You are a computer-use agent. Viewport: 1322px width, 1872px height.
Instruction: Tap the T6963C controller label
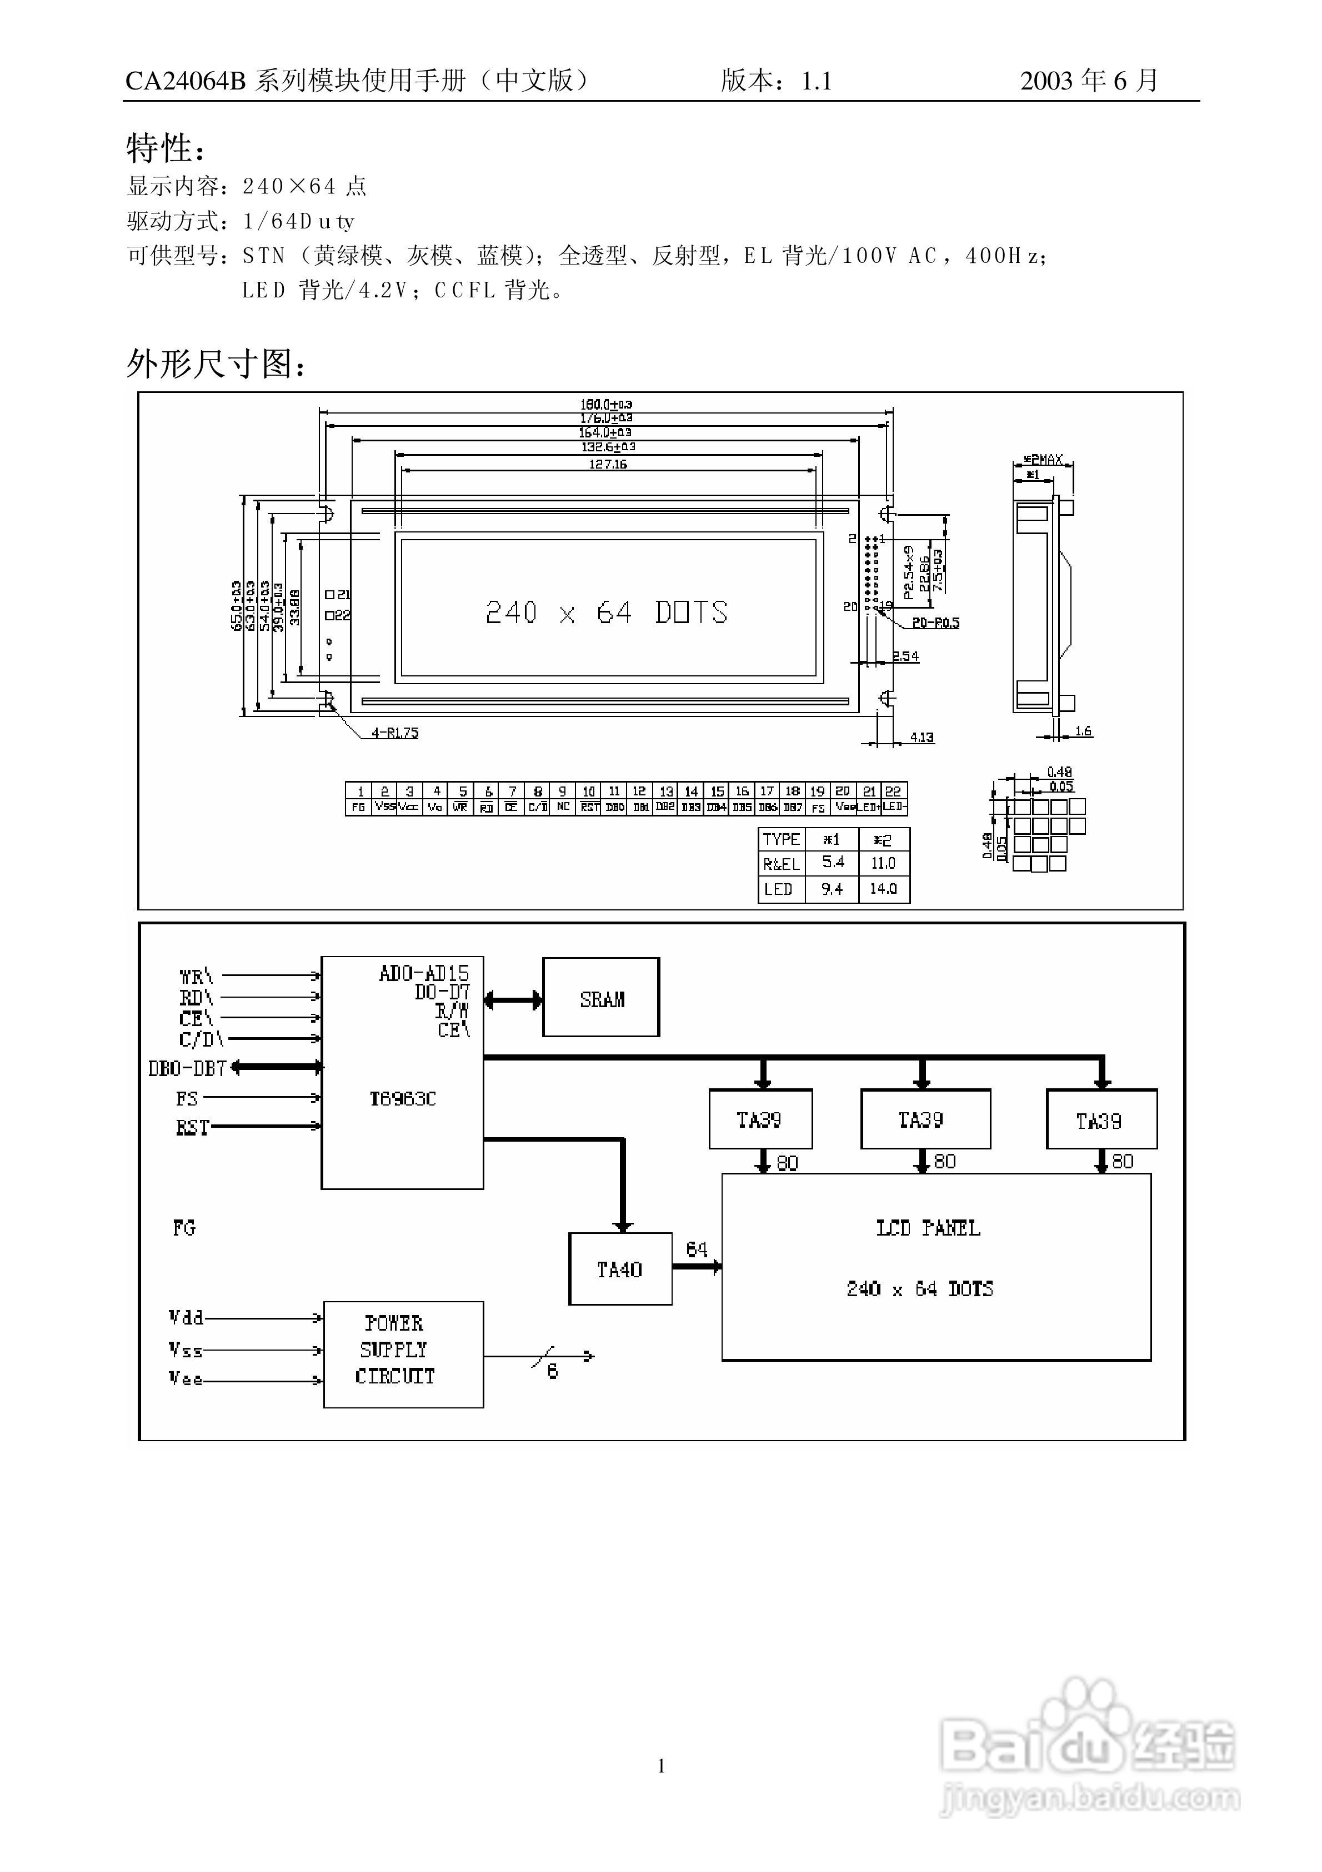pyautogui.click(x=403, y=1099)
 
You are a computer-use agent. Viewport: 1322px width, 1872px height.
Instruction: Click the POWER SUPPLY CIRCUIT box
pyautogui.click(x=403, y=1355)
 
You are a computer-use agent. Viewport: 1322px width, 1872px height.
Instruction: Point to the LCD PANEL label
pyautogui.click(x=928, y=1228)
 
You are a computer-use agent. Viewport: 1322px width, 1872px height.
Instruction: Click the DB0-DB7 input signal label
pyautogui.click(x=187, y=1067)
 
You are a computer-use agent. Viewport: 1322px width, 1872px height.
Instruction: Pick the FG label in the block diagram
pyautogui.click(x=184, y=1228)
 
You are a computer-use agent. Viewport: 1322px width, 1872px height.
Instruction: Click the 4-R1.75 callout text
pyautogui.click(x=395, y=733)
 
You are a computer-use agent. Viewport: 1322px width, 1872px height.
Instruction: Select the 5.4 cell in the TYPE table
pyautogui.click(x=832, y=863)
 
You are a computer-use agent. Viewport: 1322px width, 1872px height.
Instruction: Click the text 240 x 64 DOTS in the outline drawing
pyautogui.click(x=607, y=613)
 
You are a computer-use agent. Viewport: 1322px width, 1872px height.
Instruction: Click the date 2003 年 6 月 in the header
pyautogui.click(x=1089, y=81)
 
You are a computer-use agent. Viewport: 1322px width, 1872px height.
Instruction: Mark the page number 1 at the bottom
pyautogui.click(x=661, y=1766)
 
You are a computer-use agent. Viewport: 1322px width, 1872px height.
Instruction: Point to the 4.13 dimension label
pyautogui.click(x=922, y=737)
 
